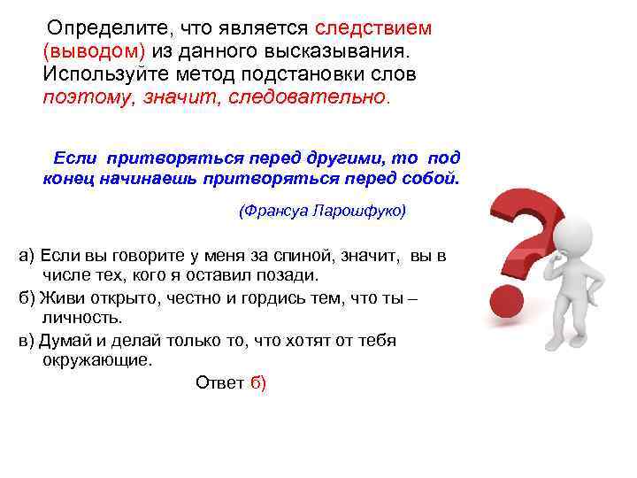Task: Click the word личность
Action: pyautogui.click(x=82, y=318)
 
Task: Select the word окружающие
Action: pyautogui.click(x=98, y=360)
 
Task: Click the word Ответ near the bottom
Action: pyautogui.click(x=219, y=382)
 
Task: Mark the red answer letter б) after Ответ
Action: pyautogui.click(x=258, y=382)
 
